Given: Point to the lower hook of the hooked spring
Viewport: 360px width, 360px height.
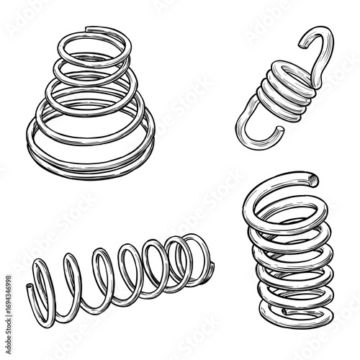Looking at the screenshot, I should point(252,130).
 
